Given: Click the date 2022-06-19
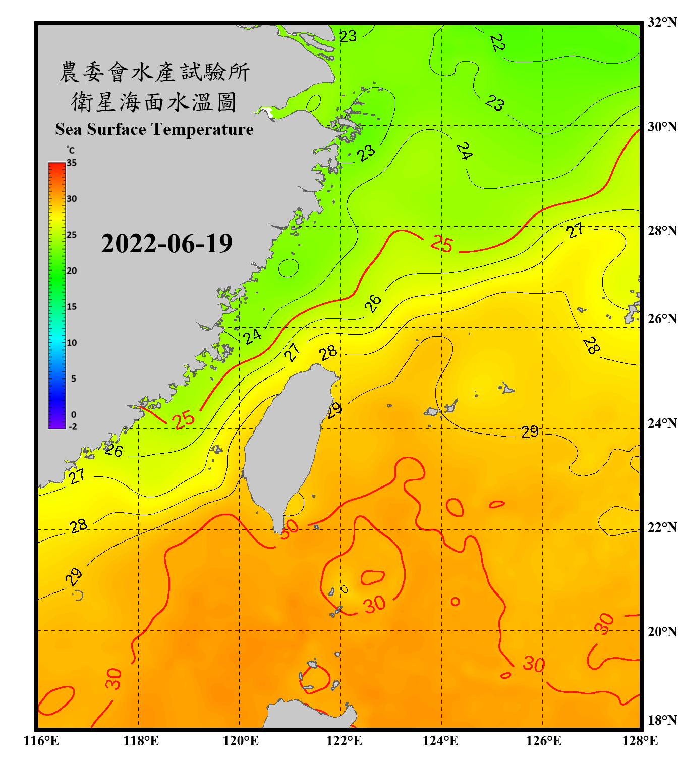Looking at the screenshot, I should click(166, 244).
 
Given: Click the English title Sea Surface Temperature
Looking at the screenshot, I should click(154, 129).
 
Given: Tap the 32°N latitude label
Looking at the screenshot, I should click(662, 22).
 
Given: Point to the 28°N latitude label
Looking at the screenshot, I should click(662, 231).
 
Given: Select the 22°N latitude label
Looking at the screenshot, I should click(662, 527).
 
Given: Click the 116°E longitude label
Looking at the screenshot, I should click(41, 741).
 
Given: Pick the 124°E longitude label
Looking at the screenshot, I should click(440, 741).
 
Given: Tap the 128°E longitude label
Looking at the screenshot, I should click(640, 741).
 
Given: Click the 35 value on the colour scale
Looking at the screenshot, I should click(72, 163).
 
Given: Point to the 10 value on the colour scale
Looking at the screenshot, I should click(72, 343).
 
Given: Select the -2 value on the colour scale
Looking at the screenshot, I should click(73, 426).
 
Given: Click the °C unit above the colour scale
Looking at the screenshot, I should click(71, 150).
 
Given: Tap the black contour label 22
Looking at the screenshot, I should click(497, 43).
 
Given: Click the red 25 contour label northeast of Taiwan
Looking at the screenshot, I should click(442, 244).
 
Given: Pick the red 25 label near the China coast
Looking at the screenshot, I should click(183, 419).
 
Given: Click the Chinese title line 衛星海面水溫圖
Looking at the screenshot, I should click(154, 102).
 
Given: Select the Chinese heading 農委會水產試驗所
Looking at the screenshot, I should click(154, 72).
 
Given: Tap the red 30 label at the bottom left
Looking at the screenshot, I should click(113, 679).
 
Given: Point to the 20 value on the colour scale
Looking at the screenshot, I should click(72, 271).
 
